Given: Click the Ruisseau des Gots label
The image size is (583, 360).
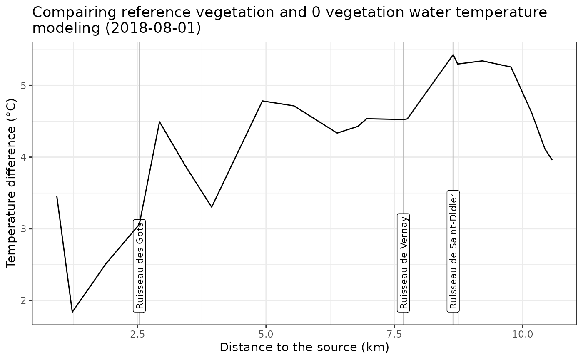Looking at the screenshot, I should click(140, 265).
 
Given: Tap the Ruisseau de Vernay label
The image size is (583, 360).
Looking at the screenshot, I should click(404, 262).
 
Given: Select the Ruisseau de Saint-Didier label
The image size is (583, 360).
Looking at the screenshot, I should click(453, 251).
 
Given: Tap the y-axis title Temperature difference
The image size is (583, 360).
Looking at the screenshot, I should click(11, 183).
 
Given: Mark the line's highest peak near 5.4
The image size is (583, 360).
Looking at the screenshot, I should click(453, 55).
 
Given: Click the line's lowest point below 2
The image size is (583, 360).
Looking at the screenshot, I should click(72, 312).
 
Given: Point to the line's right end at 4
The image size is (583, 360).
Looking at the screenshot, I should click(552, 160).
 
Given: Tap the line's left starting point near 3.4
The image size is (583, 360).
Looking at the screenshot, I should click(57, 196).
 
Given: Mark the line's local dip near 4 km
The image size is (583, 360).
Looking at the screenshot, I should click(212, 207).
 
